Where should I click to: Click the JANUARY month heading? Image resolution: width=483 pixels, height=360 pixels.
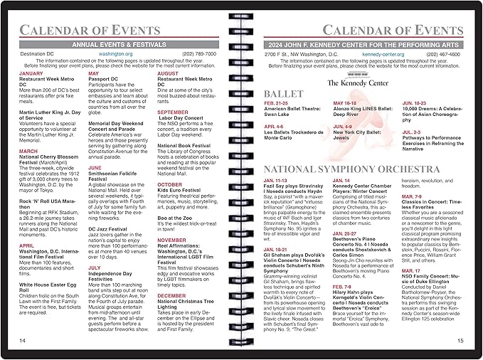(x=31, y=73)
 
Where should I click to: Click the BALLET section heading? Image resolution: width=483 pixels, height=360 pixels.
(x=285, y=94)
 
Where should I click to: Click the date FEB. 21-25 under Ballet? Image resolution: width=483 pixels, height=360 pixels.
(x=277, y=103)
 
